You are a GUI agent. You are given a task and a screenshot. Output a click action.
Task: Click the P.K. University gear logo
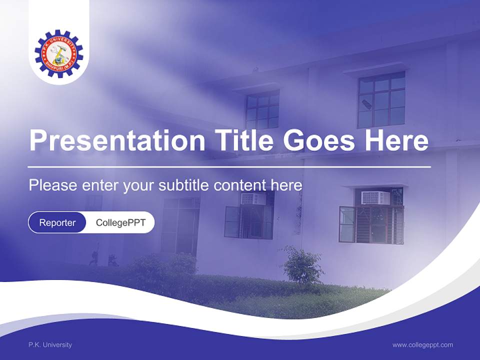coord(59,53)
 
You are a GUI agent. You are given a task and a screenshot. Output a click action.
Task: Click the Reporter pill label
coord(57,222)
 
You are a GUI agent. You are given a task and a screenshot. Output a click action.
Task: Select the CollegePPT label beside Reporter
coord(120,222)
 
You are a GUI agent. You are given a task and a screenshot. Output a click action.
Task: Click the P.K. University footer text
coord(50,344)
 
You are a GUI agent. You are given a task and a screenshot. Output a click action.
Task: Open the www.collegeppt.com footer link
coord(422,344)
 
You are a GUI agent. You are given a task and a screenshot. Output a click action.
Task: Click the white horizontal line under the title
coord(229,166)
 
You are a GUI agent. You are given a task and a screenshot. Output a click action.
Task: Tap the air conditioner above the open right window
coord(376,197)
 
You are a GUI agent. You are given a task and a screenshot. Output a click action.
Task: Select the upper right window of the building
coord(381,100)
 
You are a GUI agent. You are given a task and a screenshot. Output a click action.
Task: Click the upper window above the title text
coord(262,110)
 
